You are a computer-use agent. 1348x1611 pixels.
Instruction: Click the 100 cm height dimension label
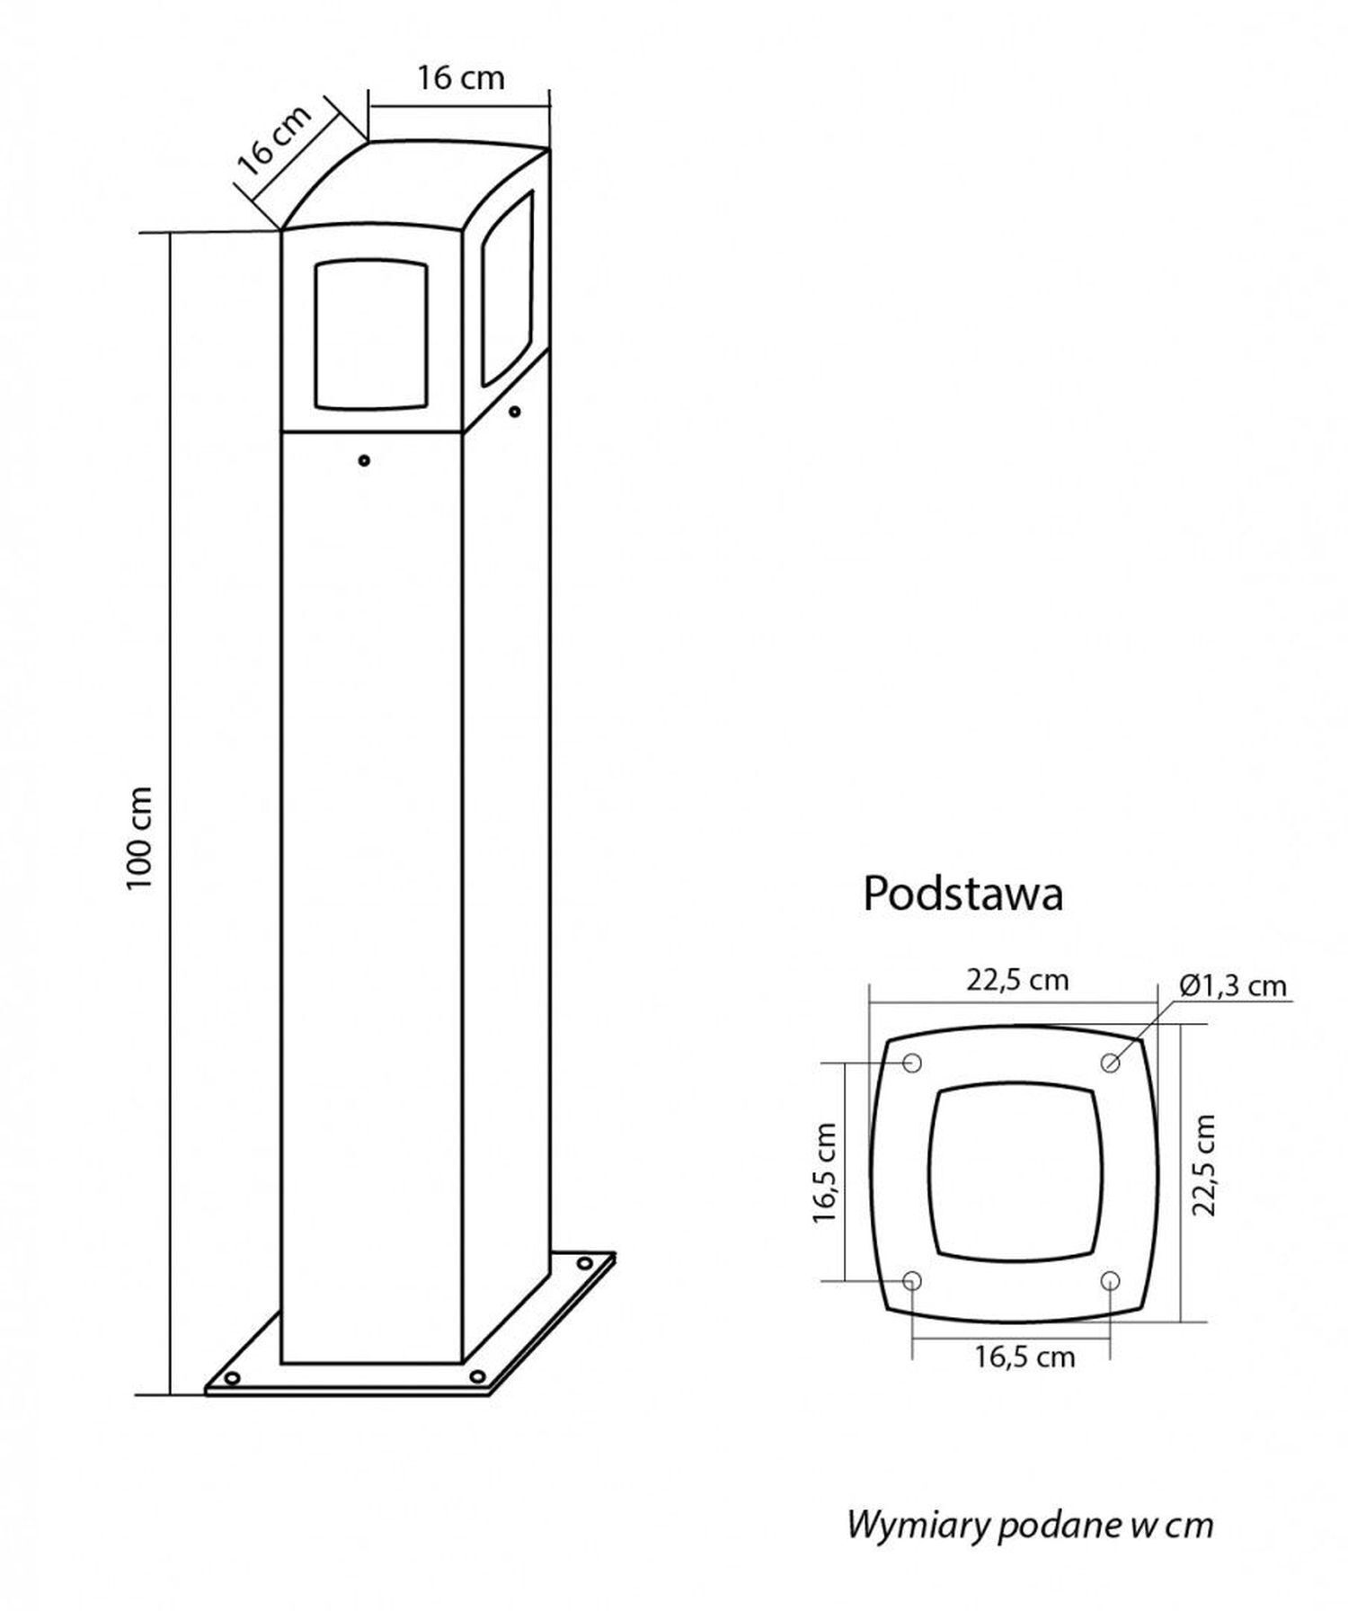coord(141,837)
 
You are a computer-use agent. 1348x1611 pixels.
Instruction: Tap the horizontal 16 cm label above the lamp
coord(460,78)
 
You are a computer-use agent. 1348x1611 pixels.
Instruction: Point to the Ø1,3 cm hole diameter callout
coord(1232,986)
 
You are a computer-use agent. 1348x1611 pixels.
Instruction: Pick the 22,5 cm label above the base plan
coord(1017,980)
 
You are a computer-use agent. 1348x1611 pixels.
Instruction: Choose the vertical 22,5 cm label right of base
coord(1203,1165)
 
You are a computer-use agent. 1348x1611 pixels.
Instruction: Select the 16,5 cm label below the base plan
coord(1024,1357)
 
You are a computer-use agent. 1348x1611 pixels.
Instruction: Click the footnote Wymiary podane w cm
coord(1030,1500)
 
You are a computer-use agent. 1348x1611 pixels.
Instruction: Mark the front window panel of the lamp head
coord(370,334)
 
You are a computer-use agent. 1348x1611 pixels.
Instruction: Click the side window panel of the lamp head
coord(507,287)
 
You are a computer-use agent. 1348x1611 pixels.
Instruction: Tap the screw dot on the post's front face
coord(364,460)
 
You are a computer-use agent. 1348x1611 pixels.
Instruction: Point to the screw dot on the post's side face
coord(514,413)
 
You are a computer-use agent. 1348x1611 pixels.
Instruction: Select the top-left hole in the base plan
coord(912,1064)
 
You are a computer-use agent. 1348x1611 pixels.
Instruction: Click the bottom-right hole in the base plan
coord(1110,1280)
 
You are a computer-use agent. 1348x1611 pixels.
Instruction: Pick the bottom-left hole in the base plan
coord(912,1280)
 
